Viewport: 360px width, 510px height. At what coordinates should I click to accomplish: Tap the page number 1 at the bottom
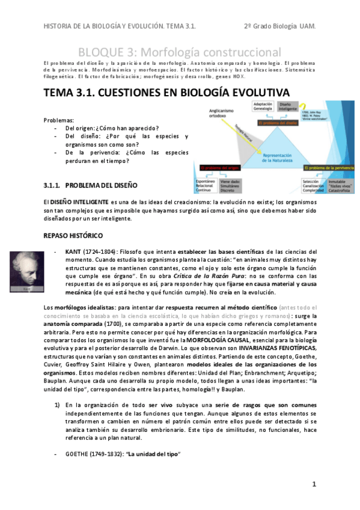click(314, 485)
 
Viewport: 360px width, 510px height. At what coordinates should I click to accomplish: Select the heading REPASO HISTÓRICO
click(73, 235)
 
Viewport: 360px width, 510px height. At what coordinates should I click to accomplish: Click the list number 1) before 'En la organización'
click(55, 405)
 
